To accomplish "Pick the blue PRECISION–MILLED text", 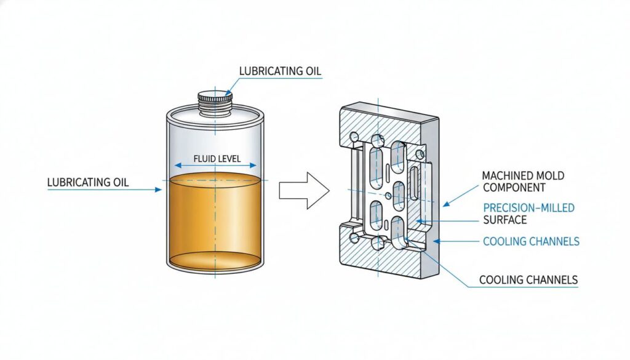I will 528,208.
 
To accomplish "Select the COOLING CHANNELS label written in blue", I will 531,241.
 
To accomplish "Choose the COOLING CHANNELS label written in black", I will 528,280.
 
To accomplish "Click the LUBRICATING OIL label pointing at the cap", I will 280,71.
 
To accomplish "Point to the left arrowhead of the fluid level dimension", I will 177,166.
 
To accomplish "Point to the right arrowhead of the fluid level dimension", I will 254,166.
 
